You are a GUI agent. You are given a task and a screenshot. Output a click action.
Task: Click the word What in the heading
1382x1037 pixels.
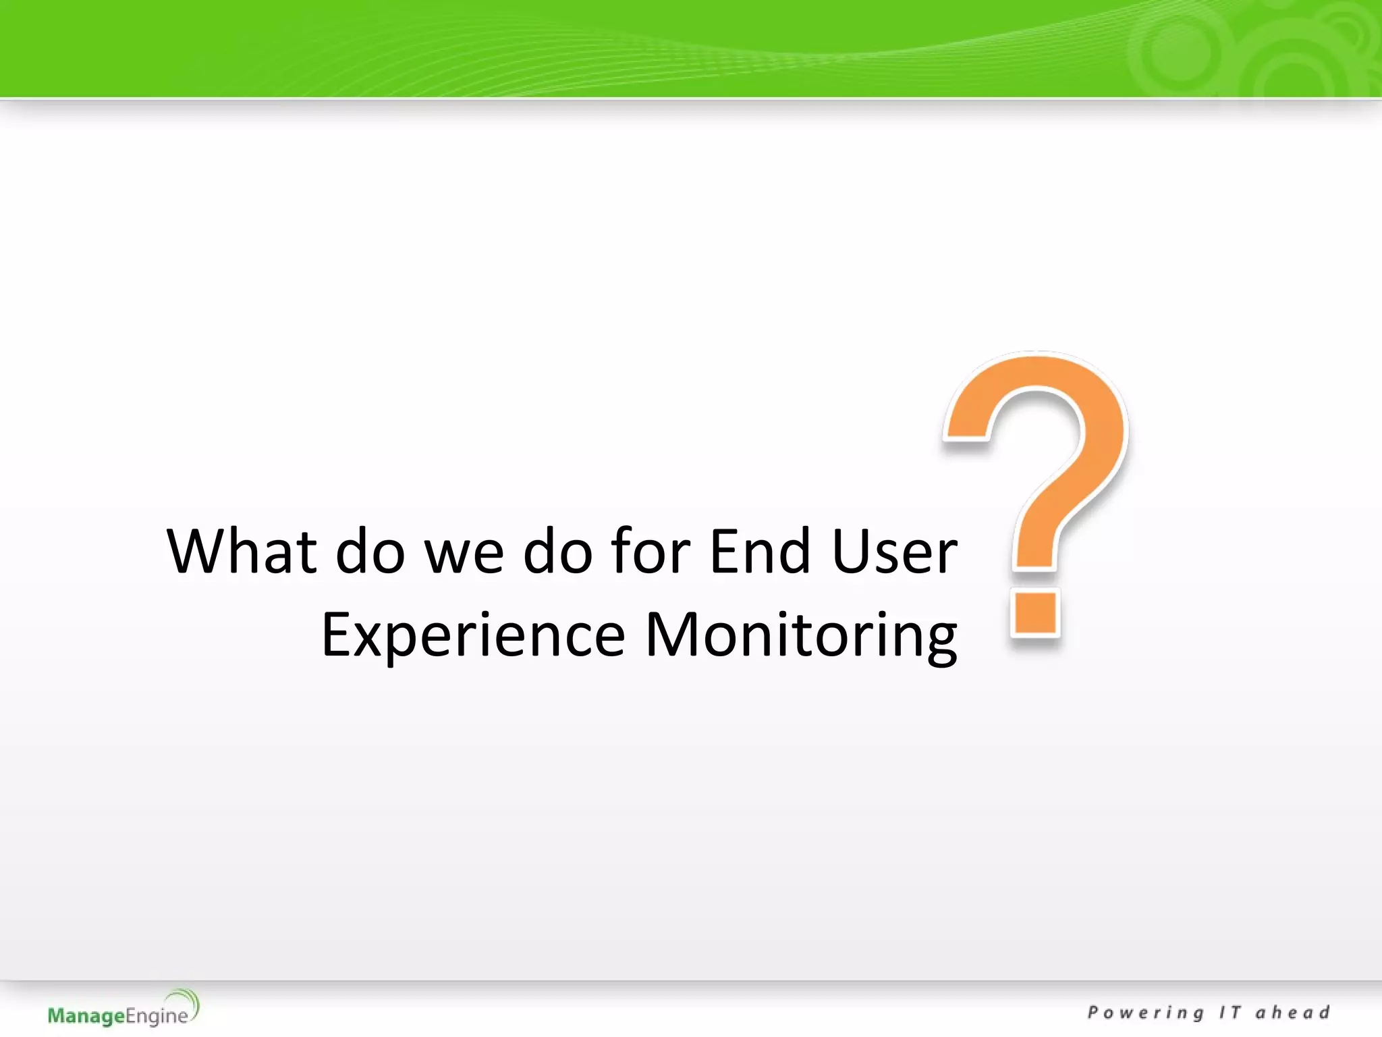pyautogui.click(x=242, y=552)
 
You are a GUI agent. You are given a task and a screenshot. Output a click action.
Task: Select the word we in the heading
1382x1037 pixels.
pyautogui.click(x=464, y=552)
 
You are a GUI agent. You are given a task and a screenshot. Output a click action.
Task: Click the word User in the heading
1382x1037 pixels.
pyautogui.click(x=894, y=552)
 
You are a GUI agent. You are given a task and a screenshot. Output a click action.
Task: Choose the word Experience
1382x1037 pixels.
pyautogui.click(x=473, y=635)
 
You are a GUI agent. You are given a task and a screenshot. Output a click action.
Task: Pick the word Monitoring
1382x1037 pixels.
pyautogui.click(x=801, y=635)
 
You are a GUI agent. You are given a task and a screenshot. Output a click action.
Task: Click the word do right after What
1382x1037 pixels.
pyautogui.click(x=370, y=552)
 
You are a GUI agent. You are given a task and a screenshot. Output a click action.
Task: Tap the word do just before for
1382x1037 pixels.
pyautogui.click(x=557, y=552)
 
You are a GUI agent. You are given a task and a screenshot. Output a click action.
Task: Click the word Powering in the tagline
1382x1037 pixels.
pyautogui.click(x=1146, y=1013)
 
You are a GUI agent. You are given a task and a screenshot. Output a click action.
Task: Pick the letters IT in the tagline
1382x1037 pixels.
pyautogui.click(x=1229, y=1013)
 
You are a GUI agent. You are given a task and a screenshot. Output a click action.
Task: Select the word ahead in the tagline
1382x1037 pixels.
pyautogui.click(x=1292, y=1013)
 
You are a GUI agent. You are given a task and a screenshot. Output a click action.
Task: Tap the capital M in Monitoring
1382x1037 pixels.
pyautogui.click(x=671, y=634)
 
